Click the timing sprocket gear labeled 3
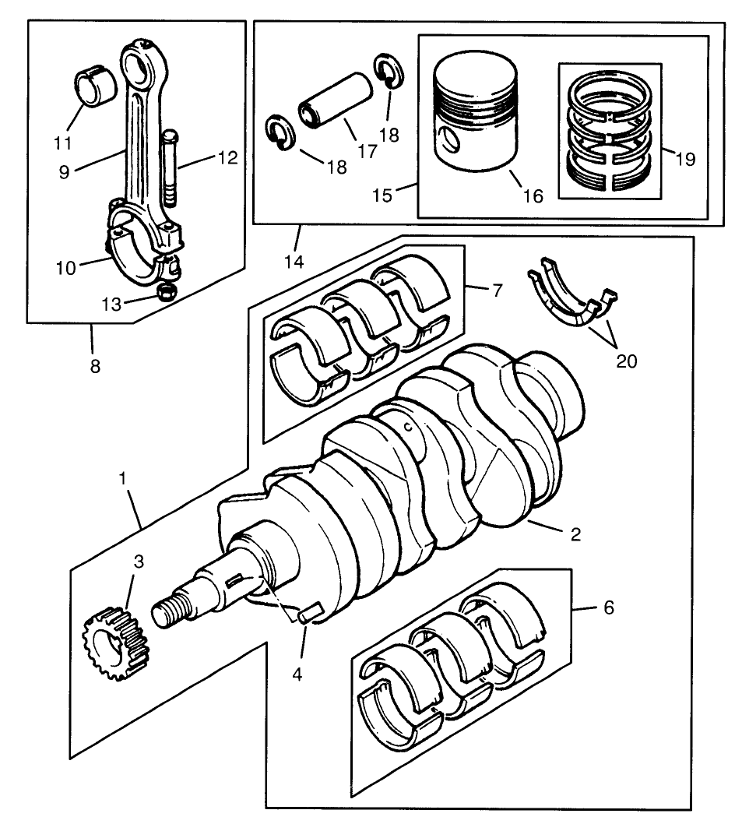coord(114,643)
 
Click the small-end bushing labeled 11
coord(96,88)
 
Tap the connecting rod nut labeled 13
coord(166,294)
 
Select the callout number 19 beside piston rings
coord(685,160)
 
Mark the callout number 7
coord(498,291)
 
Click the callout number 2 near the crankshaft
coord(575,534)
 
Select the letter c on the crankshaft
coord(406,426)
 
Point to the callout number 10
coord(65,267)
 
